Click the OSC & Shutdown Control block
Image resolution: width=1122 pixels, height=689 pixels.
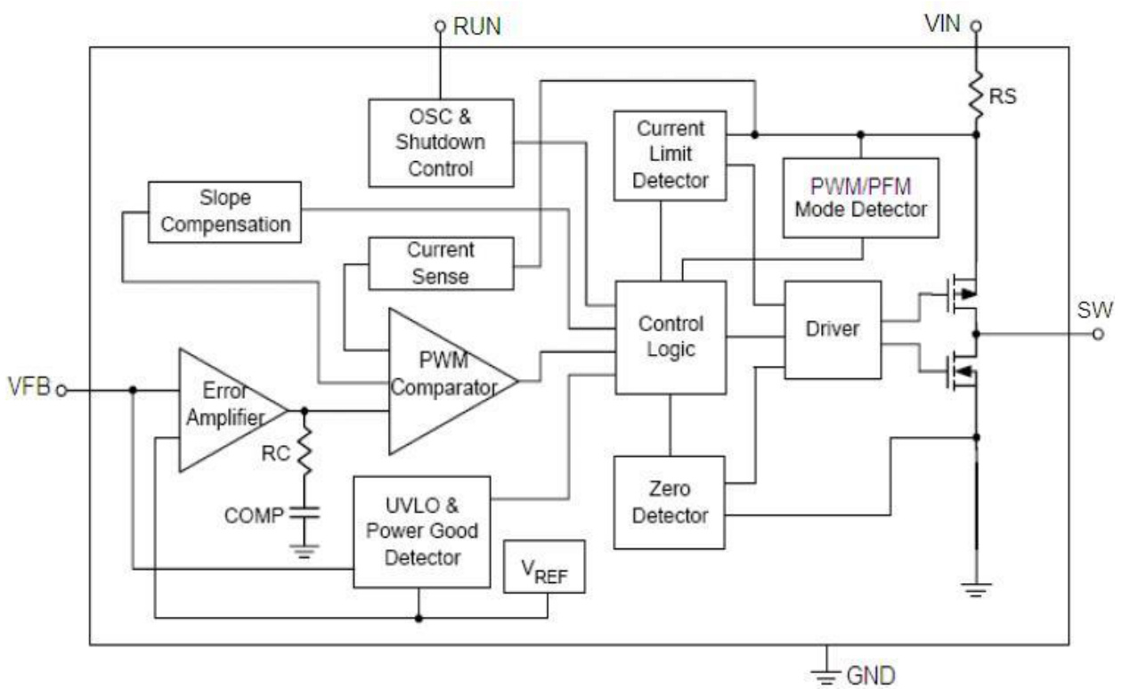(441, 142)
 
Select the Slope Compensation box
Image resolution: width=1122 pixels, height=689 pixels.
(224, 211)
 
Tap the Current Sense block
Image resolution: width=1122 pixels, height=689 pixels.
(441, 263)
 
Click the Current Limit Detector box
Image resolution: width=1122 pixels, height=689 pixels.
(671, 155)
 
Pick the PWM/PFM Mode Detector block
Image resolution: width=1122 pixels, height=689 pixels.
(860, 198)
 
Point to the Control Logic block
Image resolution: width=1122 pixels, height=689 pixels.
(671, 336)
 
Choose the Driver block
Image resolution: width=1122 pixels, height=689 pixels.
(833, 328)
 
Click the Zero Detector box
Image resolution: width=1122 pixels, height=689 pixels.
(671, 502)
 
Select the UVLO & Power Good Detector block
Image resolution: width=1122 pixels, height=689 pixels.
(421, 531)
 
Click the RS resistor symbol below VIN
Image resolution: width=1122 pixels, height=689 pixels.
(976, 93)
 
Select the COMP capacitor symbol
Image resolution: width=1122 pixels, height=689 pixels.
(305, 514)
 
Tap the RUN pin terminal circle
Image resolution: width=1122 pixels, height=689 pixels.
(439, 28)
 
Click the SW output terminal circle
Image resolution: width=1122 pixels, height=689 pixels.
(1098, 334)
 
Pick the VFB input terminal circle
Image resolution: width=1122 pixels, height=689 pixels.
(61, 390)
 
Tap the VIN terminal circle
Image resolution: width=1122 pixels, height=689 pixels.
(976, 26)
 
